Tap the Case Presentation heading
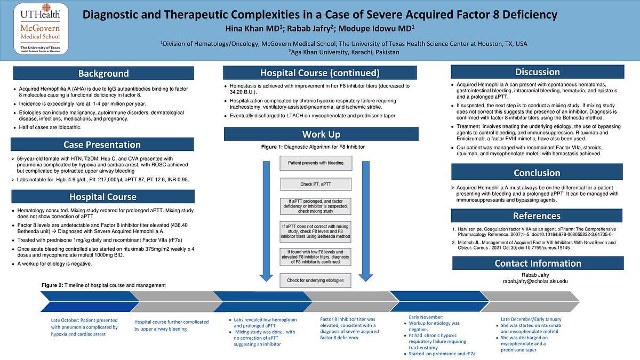click(x=102, y=145)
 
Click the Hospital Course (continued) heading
click(x=319, y=73)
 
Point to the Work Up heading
click(x=321, y=134)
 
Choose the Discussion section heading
click(x=537, y=72)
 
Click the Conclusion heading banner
click(x=537, y=172)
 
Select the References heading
click(x=537, y=215)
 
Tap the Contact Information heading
click(x=538, y=263)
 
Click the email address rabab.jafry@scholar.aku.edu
click(x=535, y=281)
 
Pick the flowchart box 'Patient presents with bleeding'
click(x=316, y=163)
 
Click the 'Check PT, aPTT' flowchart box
click(x=316, y=185)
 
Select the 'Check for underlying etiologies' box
click(x=316, y=280)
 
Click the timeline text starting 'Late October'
click(x=84, y=327)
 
